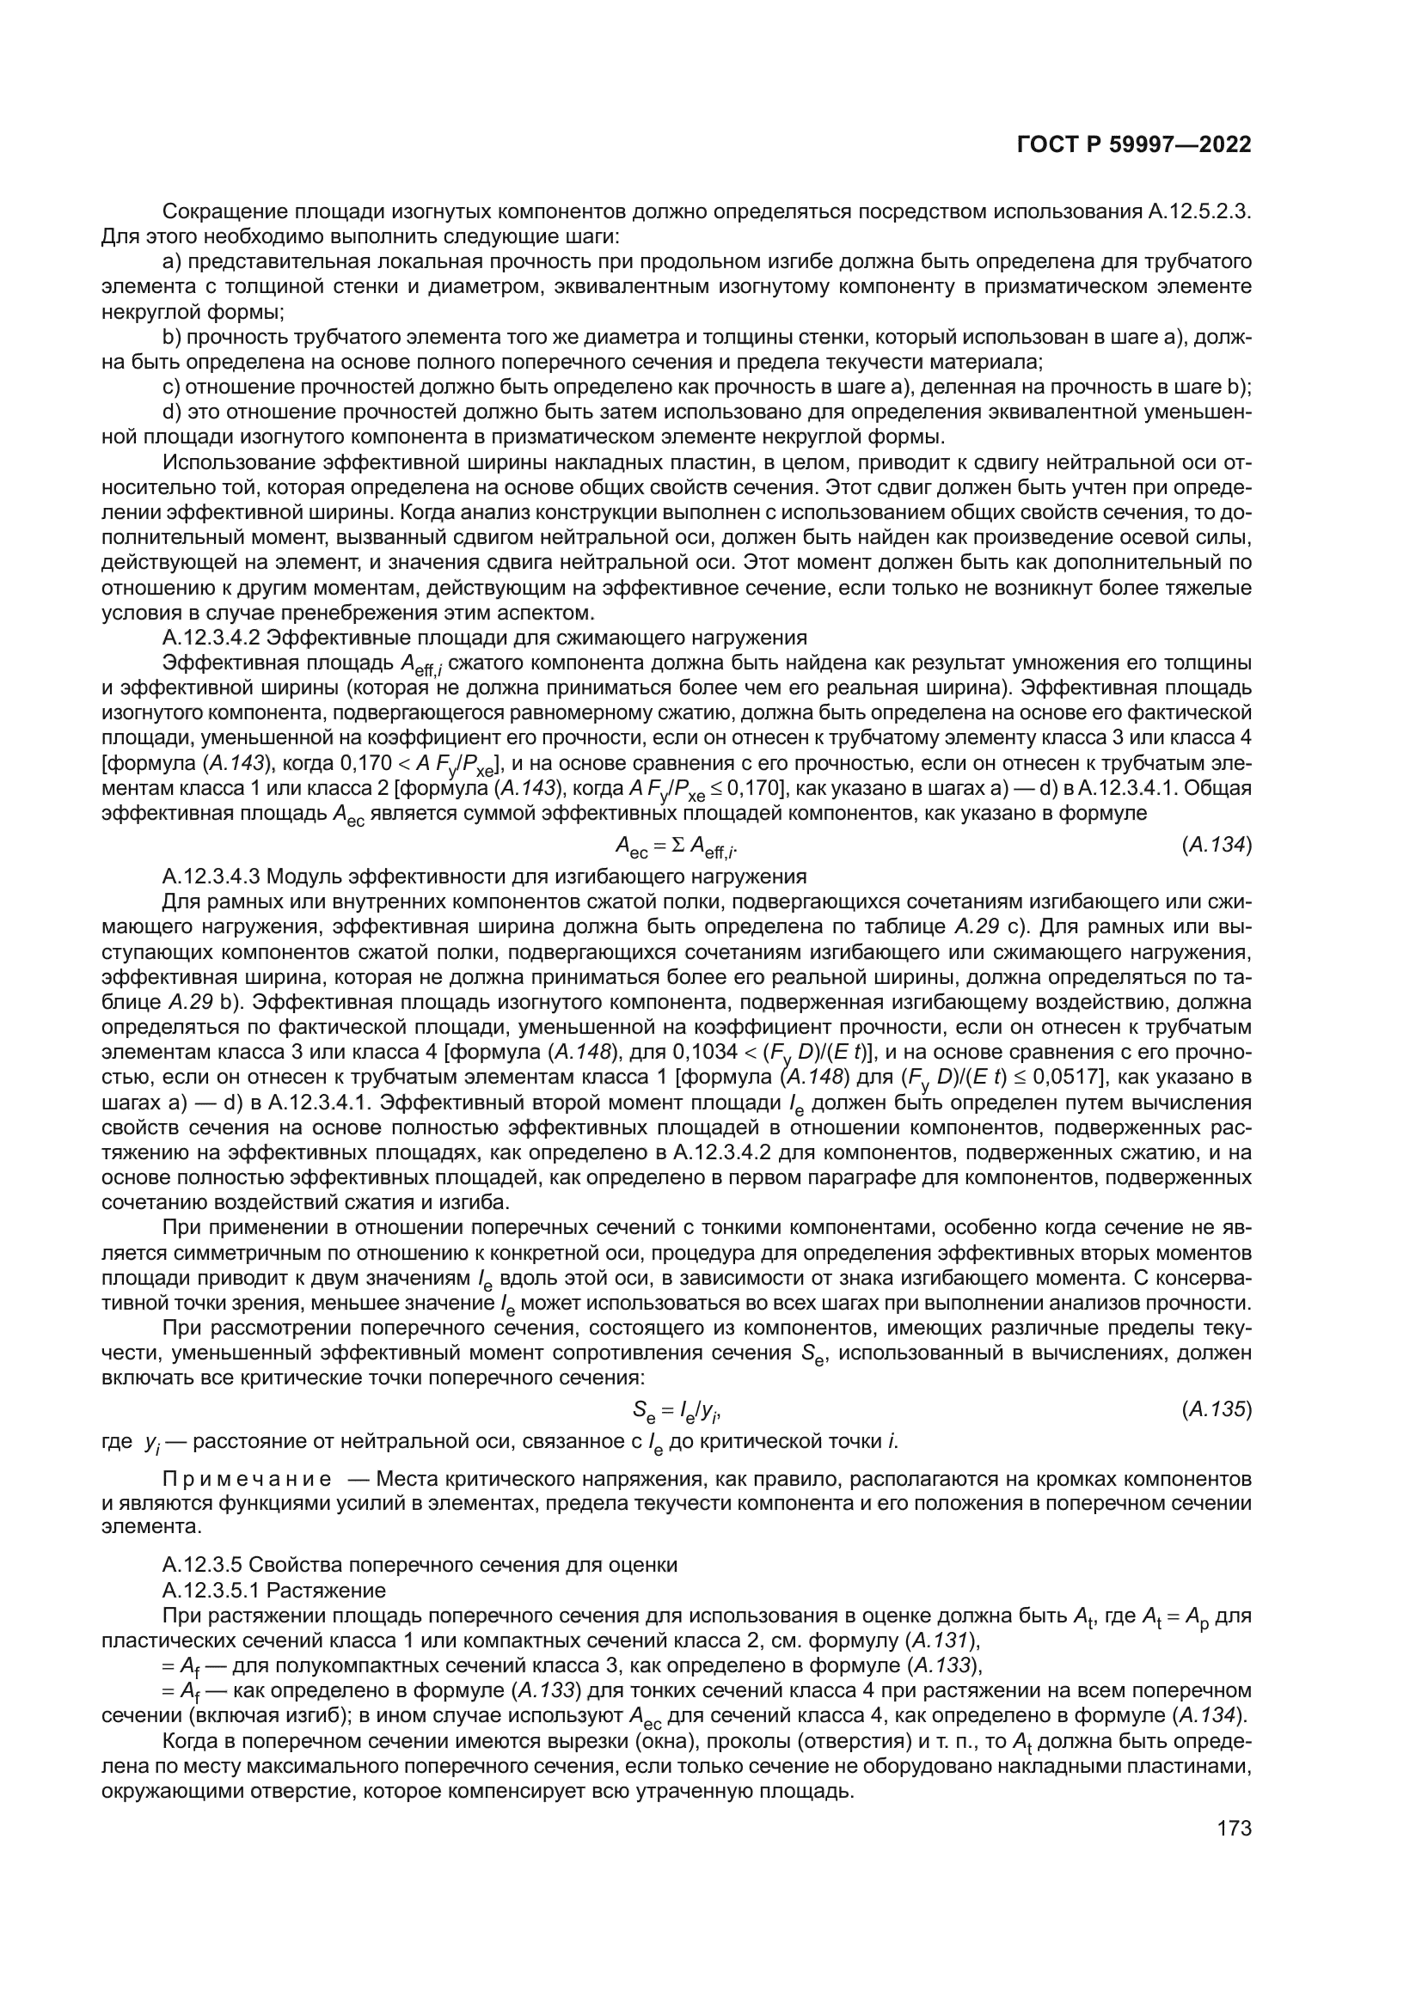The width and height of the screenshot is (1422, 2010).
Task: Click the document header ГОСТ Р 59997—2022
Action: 1134,144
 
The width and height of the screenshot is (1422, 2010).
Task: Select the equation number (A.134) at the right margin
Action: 1217,845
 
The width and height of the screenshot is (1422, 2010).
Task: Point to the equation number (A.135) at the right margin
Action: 1217,1409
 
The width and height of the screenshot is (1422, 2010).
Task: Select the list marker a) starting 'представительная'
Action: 172,262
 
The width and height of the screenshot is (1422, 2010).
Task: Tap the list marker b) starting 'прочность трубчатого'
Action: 172,337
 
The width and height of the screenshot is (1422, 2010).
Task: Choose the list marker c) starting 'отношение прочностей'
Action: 172,388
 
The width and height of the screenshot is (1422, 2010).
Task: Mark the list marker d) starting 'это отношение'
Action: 172,412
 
